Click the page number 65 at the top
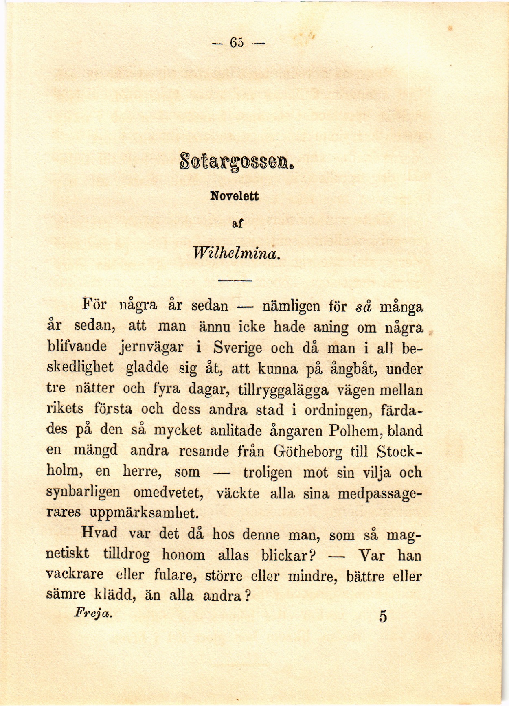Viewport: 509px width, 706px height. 237,43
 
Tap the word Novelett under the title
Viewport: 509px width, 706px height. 235,196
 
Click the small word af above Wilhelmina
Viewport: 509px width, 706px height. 237,223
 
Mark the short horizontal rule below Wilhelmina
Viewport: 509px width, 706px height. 236,281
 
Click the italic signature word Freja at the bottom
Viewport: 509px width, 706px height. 93,613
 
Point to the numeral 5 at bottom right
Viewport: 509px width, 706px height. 383,616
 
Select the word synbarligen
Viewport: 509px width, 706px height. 83,493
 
